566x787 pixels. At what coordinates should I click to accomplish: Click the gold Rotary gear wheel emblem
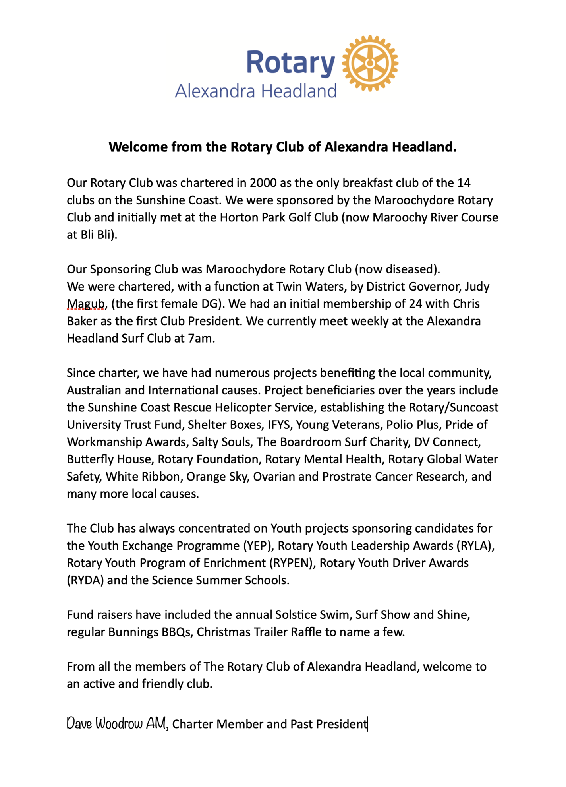click(x=370, y=63)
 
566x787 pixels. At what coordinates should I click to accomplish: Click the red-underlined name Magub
click(x=85, y=304)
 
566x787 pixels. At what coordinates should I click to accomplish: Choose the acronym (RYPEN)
click(x=292, y=563)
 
